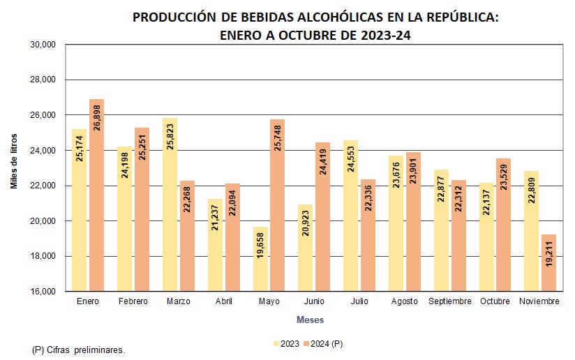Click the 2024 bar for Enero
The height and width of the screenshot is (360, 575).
click(96, 195)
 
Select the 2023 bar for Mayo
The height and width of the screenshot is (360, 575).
click(260, 259)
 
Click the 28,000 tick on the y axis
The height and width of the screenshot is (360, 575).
click(43, 80)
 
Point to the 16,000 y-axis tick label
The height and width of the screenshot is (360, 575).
click(43, 292)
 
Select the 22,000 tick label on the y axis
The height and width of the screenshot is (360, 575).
click(43, 186)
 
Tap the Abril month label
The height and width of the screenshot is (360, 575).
click(224, 301)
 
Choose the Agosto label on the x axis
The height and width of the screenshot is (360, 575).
click(405, 301)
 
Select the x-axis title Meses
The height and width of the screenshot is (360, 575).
click(310, 320)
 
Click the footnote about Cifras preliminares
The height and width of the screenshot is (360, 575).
click(79, 350)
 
